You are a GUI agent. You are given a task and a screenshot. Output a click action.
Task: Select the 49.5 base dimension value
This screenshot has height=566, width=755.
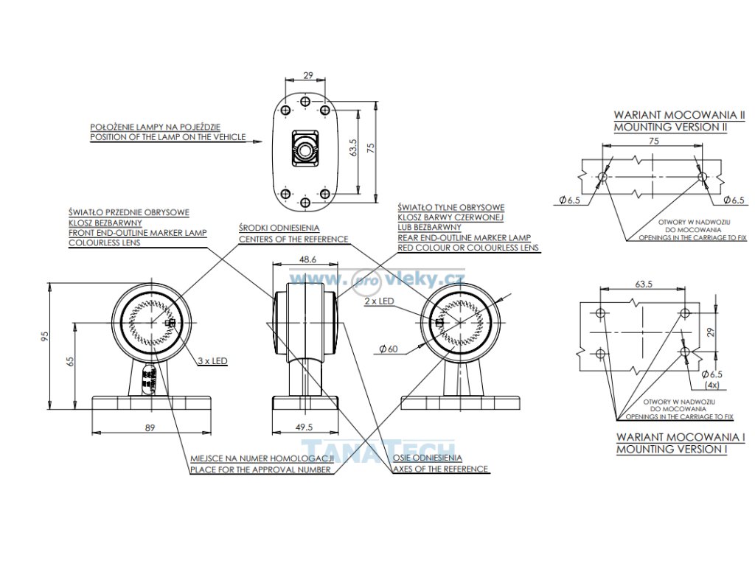pos(304,427)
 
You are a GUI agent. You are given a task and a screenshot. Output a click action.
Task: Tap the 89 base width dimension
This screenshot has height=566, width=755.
pos(150,427)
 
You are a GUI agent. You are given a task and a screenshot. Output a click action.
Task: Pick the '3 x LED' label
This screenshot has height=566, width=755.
pos(212,361)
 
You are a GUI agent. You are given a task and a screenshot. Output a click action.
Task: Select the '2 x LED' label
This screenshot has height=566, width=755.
pos(378,302)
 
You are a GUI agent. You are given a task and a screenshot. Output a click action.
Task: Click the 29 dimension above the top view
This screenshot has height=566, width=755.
pos(308,75)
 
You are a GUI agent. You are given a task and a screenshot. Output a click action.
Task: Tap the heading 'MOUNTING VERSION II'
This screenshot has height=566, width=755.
pos(670,127)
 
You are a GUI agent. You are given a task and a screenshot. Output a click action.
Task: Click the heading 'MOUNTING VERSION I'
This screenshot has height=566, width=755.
pos(671,449)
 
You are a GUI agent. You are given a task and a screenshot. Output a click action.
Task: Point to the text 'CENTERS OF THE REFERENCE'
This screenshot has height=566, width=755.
pos(293,240)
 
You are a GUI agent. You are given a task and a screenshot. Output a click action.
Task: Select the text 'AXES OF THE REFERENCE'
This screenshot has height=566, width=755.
pos(440,469)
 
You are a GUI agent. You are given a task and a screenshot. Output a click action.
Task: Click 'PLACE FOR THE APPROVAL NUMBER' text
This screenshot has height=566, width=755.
pos(260,469)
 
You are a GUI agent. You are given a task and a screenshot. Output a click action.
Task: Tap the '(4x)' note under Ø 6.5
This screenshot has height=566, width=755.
pos(712,385)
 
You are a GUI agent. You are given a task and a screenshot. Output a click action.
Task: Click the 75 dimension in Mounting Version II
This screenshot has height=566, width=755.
pos(653,141)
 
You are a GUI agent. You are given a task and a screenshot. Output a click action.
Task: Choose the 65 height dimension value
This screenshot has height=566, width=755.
pos(71,362)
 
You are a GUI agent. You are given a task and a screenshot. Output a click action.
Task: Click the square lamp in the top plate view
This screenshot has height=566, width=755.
pos(305,145)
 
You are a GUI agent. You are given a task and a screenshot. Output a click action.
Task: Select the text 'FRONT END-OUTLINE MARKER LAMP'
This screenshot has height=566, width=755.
pos(137,233)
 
